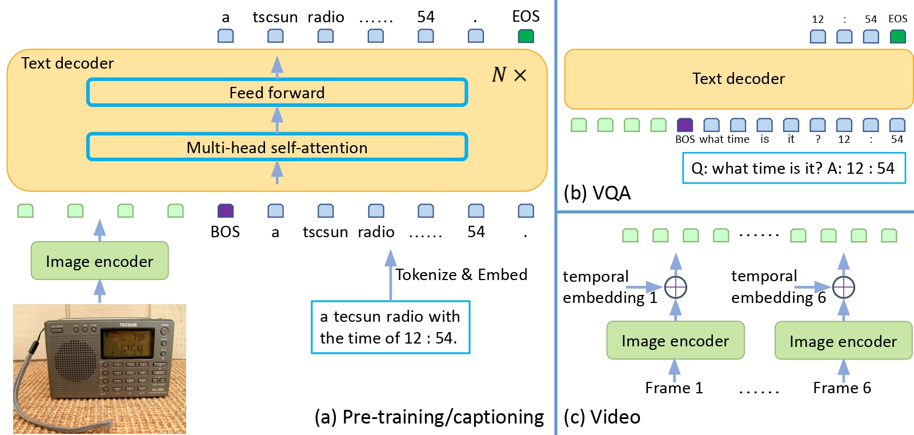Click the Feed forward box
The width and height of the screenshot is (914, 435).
[x=277, y=93]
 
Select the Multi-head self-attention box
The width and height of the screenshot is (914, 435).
[x=277, y=147]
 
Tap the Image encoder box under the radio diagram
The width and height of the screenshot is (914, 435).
[x=99, y=261]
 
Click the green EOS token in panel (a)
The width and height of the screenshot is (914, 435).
[x=526, y=36]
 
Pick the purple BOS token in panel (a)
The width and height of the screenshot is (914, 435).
[x=226, y=211]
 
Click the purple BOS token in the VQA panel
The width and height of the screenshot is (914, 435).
[x=684, y=125]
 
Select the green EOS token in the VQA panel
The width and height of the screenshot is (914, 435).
[x=897, y=37]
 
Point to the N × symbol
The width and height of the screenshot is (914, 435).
[x=509, y=75]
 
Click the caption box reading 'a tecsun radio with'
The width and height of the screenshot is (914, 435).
[x=390, y=327]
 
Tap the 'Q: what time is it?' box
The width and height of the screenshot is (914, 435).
[x=793, y=169]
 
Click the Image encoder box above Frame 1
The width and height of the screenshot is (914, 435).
[x=675, y=341]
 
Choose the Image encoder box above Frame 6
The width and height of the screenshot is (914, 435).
[x=843, y=341]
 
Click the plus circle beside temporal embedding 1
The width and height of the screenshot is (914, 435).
[x=675, y=287]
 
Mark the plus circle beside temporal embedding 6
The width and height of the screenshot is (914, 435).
[x=843, y=287]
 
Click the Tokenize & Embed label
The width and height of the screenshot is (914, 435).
[x=461, y=275]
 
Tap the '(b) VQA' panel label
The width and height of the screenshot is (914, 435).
[x=597, y=193]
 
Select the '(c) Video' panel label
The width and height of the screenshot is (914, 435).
[x=602, y=417]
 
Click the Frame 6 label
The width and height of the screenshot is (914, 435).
[x=842, y=388]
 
